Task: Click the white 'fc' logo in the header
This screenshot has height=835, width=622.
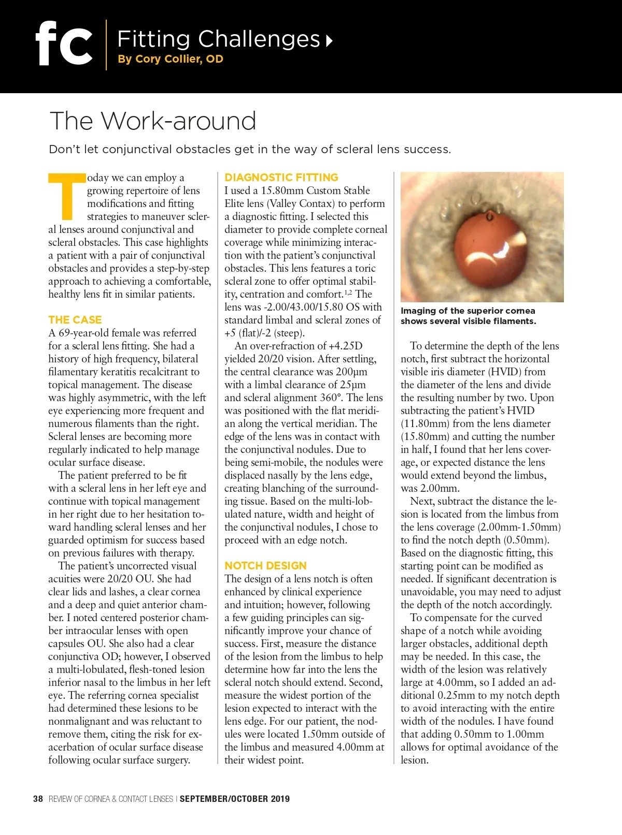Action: (x=64, y=43)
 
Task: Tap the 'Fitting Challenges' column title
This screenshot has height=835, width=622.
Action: (x=218, y=39)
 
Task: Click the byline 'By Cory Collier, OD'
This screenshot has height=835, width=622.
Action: (x=170, y=59)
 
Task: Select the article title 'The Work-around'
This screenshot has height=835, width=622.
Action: (x=152, y=121)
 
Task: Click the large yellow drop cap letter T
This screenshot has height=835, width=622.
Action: (x=66, y=196)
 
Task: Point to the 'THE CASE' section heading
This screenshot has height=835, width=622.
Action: (x=75, y=320)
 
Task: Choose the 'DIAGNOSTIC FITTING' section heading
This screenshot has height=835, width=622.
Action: (x=281, y=178)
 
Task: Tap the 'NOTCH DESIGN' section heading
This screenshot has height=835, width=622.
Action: (x=265, y=566)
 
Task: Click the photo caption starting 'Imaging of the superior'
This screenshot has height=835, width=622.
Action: (x=468, y=316)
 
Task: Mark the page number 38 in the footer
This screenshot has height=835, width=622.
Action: (x=38, y=799)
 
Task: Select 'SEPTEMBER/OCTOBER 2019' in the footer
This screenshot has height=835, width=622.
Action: (x=234, y=799)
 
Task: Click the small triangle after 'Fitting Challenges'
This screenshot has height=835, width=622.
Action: (x=329, y=40)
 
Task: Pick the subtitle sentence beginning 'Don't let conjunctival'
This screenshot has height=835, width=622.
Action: (x=250, y=150)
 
